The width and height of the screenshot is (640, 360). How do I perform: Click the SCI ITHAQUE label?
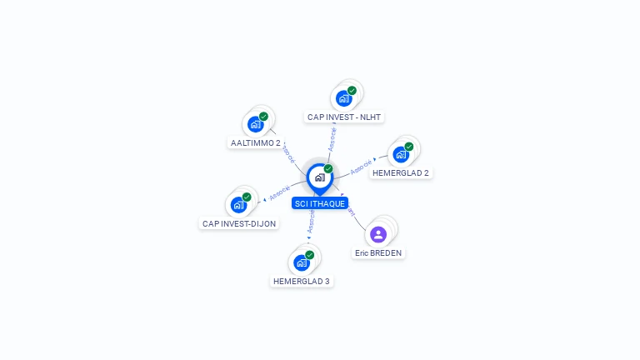click(x=319, y=203)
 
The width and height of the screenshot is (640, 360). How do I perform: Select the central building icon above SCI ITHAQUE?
click(x=319, y=177)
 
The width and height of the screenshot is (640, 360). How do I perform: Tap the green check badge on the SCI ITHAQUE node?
click(x=328, y=168)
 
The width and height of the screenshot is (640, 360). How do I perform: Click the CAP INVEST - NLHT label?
click(x=344, y=117)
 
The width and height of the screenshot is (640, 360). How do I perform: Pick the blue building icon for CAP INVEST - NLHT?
click(x=343, y=98)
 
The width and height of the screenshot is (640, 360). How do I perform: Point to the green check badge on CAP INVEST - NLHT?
click(x=352, y=90)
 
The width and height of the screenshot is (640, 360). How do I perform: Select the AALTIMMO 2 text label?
click(x=255, y=143)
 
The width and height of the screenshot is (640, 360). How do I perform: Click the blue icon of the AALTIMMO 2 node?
click(x=255, y=124)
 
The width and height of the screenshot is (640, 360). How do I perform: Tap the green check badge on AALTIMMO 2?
click(x=263, y=117)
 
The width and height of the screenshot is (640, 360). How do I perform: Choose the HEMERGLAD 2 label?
click(x=401, y=173)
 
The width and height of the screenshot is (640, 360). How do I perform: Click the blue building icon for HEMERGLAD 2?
click(x=401, y=154)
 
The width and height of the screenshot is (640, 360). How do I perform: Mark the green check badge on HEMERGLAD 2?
click(x=409, y=147)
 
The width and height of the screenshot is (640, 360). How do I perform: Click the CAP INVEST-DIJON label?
click(x=239, y=224)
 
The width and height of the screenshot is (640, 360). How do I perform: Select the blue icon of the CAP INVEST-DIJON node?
click(x=238, y=205)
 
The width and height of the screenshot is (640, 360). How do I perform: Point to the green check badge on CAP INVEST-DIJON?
click(x=247, y=197)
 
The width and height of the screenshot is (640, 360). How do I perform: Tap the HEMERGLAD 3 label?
click(x=302, y=282)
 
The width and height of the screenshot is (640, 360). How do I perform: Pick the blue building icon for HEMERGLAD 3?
click(x=302, y=262)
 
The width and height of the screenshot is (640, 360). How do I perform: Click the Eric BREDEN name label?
click(x=378, y=253)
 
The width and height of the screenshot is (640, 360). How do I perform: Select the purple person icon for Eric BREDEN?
click(x=378, y=234)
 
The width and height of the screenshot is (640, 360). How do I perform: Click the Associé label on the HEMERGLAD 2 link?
click(x=361, y=167)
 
